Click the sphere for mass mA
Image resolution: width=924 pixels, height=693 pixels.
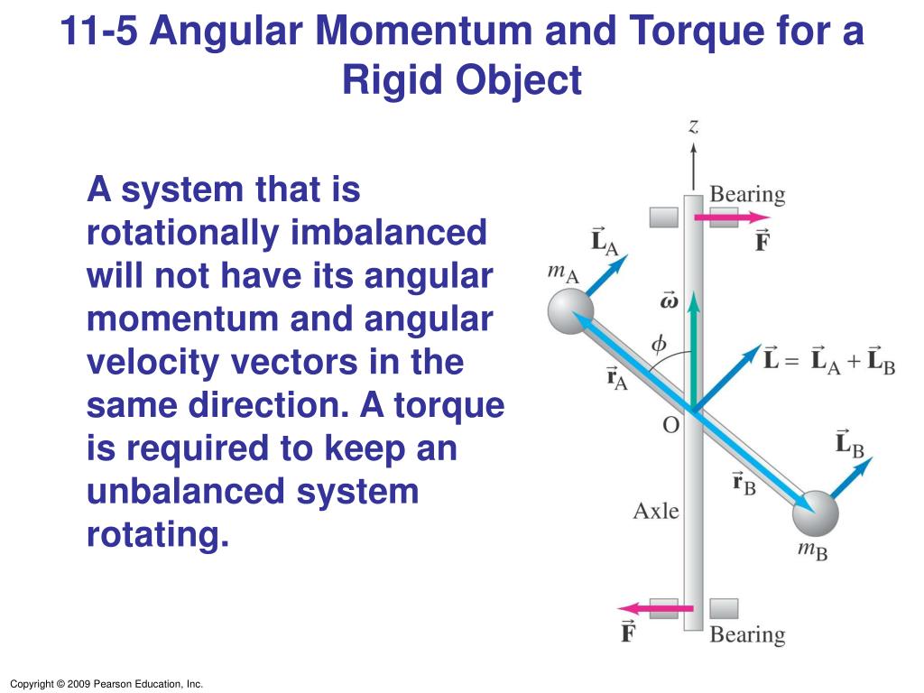tap(569, 312)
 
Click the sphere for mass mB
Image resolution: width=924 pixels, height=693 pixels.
tap(815, 515)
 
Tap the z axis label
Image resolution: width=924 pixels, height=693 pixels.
tap(693, 127)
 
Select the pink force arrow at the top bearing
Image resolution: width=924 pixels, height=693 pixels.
tap(732, 217)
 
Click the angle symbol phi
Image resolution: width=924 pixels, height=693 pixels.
tap(659, 343)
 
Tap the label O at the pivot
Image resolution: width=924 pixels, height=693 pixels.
tap(670, 424)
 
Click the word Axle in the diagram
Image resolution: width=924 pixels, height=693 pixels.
tap(656, 511)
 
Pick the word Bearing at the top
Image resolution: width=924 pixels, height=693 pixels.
tap(747, 194)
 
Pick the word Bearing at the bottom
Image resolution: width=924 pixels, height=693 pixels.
tap(747, 634)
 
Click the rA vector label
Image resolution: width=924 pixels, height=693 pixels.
tap(618, 377)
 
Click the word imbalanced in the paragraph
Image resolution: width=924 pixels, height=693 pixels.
tap(389, 233)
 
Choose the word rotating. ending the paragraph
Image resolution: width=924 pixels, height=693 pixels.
tap(159, 535)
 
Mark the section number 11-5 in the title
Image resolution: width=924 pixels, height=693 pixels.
tap(100, 32)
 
